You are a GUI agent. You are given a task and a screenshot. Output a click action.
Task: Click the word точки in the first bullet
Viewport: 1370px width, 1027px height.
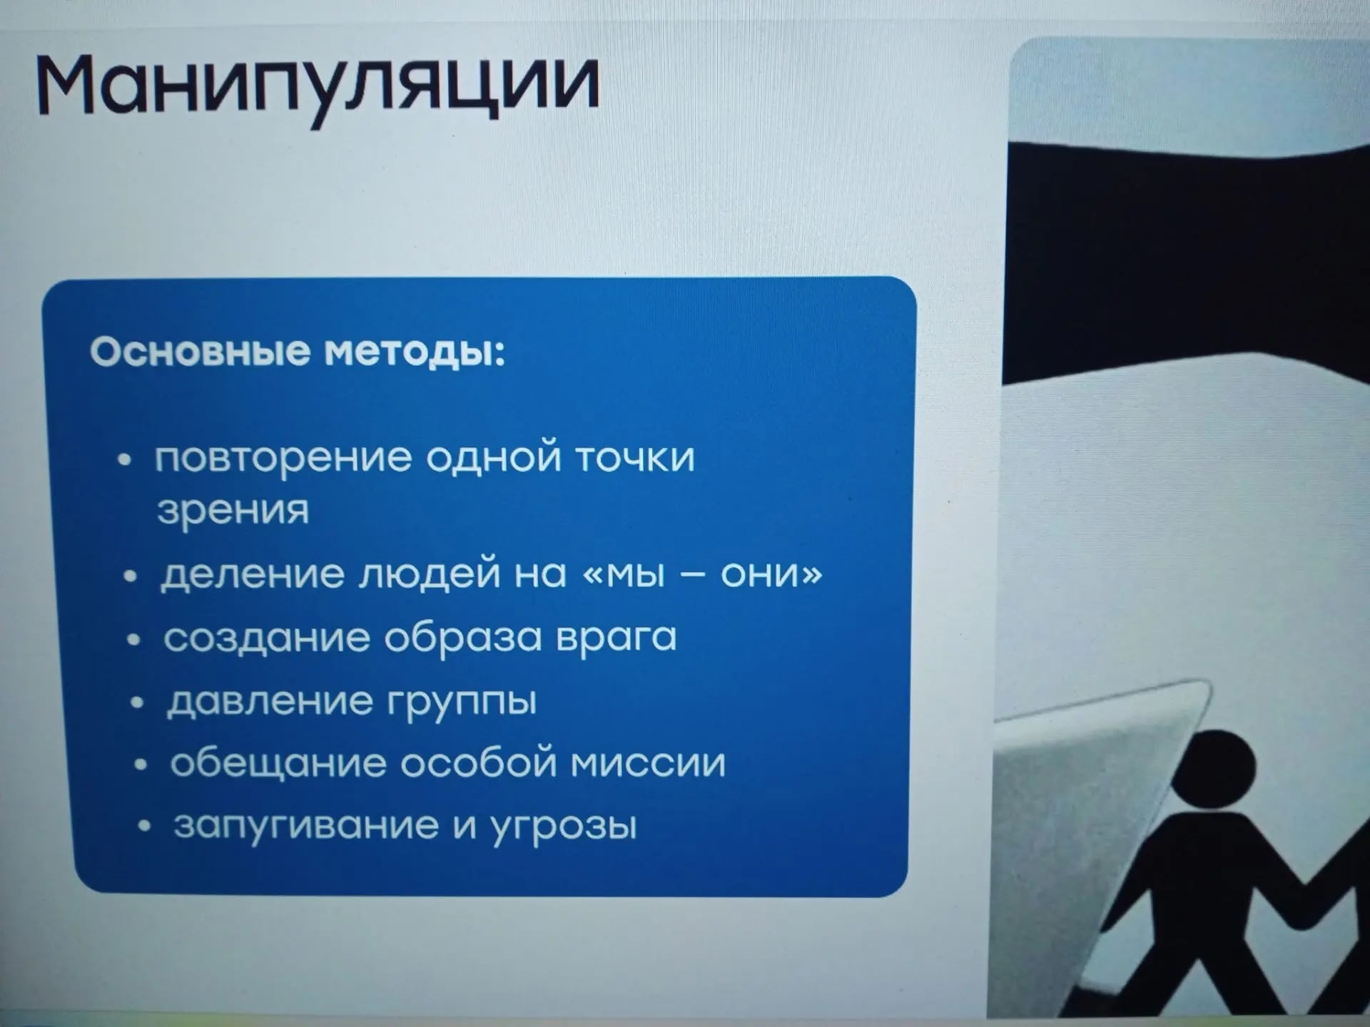click(x=634, y=457)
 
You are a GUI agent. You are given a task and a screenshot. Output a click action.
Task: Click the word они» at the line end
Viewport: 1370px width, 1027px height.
click(x=771, y=575)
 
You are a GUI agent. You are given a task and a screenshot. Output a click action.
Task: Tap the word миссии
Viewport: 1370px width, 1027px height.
click(x=649, y=764)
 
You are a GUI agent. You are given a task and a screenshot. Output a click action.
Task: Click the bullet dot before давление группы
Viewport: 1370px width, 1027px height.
click(x=138, y=702)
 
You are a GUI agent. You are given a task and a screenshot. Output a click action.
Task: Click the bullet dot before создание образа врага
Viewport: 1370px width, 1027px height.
click(x=133, y=640)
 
